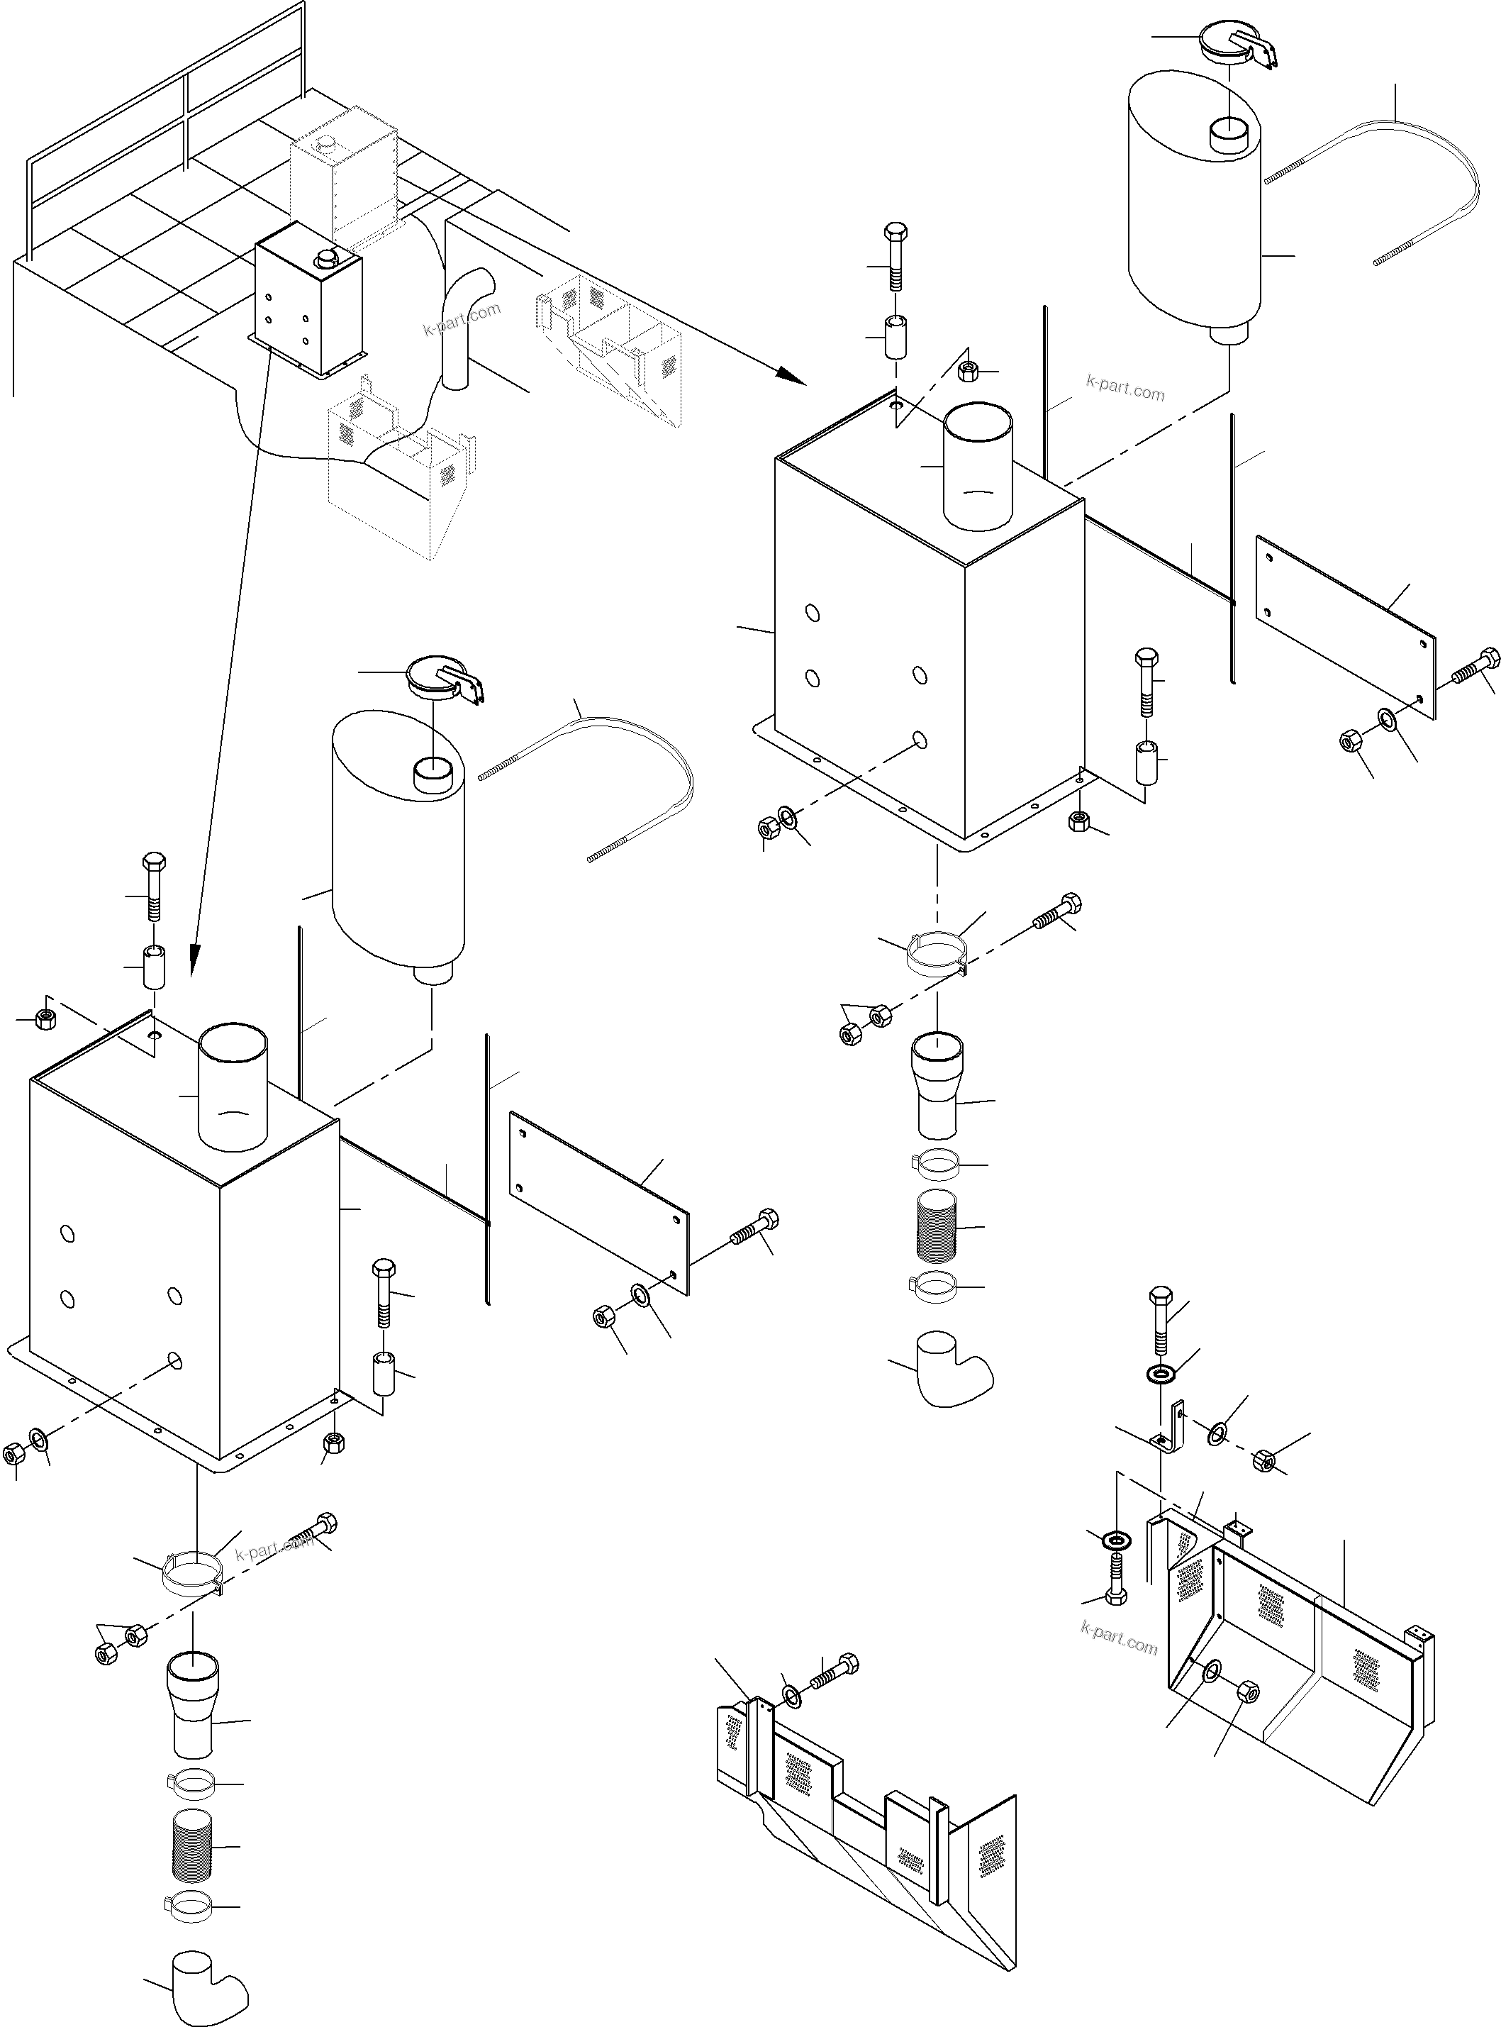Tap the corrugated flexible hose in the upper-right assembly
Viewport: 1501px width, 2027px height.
point(936,1227)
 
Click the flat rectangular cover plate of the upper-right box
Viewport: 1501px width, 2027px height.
point(1345,627)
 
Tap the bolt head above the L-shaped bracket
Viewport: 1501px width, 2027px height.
point(1160,1297)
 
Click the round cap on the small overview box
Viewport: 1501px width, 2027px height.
point(324,261)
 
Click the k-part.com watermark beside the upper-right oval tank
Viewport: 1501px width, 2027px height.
point(1125,390)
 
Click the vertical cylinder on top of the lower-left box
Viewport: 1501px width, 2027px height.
point(233,1087)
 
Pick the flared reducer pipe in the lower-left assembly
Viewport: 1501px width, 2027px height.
point(193,1705)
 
